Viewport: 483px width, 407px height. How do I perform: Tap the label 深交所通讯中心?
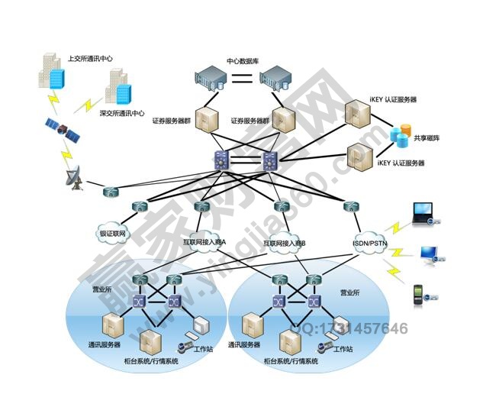[122, 113]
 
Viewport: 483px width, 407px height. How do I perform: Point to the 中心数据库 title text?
[242, 60]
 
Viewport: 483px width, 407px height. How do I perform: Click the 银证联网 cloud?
[112, 233]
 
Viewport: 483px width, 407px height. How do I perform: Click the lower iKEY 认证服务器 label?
[401, 163]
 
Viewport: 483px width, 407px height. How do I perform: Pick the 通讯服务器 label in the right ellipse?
[246, 345]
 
